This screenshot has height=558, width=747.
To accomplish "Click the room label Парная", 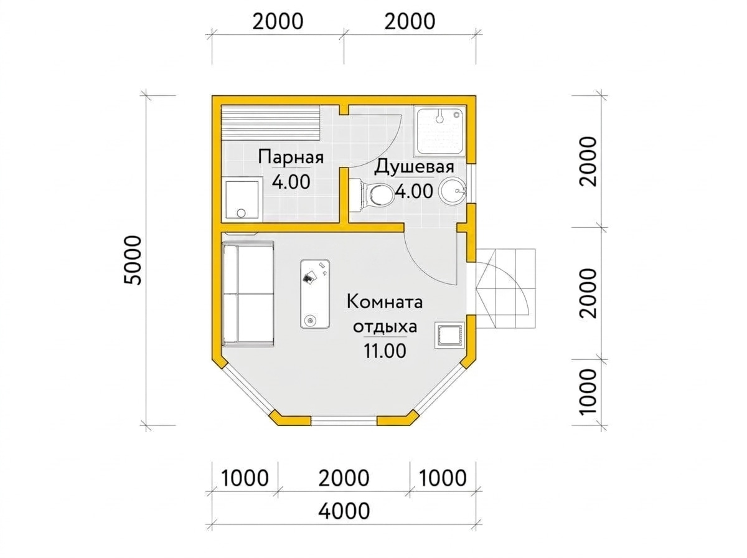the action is click(290, 158).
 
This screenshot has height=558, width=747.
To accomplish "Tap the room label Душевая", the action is click(414, 167).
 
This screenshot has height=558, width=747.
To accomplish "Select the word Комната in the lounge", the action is click(385, 301).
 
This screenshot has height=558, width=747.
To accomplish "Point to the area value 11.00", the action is click(385, 351).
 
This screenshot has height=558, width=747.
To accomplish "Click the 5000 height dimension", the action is click(133, 260).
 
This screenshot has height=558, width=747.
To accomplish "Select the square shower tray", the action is click(439, 131).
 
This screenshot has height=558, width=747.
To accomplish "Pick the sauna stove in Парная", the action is click(242, 200).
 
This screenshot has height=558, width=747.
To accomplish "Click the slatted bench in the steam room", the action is click(271, 128).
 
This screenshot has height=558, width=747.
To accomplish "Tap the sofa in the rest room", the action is click(248, 294).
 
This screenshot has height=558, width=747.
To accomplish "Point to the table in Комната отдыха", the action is click(315, 294).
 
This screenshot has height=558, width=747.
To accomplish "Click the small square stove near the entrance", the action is click(449, 335).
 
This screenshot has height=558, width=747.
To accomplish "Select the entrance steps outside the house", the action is click(505, 289).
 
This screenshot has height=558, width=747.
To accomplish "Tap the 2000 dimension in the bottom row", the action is click(344, 478).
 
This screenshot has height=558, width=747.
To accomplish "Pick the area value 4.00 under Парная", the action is click(291, 182).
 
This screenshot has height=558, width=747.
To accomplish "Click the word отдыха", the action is click(385, 327).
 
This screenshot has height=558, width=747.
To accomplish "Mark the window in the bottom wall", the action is click(344, 422).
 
